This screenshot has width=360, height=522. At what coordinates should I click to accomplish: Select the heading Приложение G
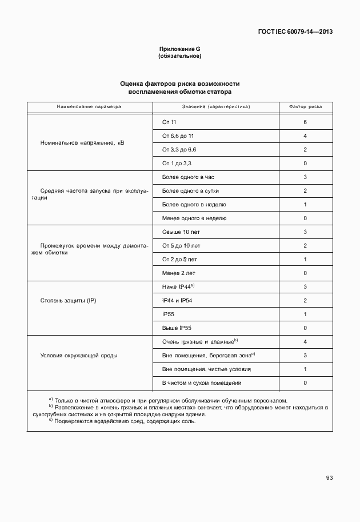pyautogui.click(x=179, y=50)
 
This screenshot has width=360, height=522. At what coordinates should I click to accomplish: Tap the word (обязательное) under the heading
pyautogui.click(x=179, y=57)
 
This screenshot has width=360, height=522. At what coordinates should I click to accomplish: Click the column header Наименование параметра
pyautogui.click(x=89, y=106)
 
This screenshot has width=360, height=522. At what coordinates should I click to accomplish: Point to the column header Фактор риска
pyautogui.click(x=305, y=106)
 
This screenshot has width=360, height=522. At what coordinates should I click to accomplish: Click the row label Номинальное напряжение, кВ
pyautogui.click(x=82, y=142)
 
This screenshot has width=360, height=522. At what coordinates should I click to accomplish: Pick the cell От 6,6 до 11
pyautogui.click(x=178, y=136)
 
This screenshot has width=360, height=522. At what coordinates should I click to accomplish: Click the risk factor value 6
pyautogui.click(x=306, y=122)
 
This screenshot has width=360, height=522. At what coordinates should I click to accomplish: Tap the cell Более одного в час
pyautogui.click(x=188, y=177)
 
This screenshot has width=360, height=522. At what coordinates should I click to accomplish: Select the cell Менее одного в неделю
pyautogui.click(x=194, y=218)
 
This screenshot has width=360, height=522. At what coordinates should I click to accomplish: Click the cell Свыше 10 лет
pyautogui.click(x=181, y=232)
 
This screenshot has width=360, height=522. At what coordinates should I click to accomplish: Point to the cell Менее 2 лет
pyautogui.click(x=178, y=273)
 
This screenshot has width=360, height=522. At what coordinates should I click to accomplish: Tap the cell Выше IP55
pyautogui.click(x=178, y=328)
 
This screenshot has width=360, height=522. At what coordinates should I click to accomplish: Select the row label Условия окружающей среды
pyautogui.click(x=79, y=355)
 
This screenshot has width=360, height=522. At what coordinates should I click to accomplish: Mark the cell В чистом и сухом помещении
pyautogui.click(x=202, y=382)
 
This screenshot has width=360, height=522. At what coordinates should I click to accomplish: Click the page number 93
pyautogui.click(x=329, y=477)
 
